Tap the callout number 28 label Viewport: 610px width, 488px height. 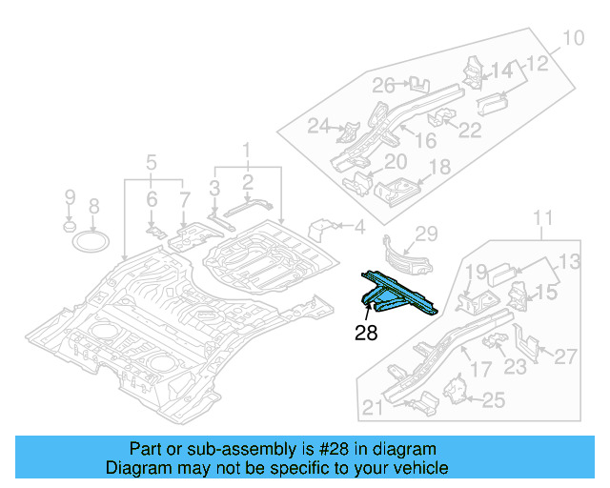[366, 333]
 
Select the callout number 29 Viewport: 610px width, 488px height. [425, 234]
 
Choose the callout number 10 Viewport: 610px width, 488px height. [572, 39]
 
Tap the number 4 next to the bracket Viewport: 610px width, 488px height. [359, 227]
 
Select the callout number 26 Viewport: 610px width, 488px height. [383, 86]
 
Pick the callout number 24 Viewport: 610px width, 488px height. [318, 126]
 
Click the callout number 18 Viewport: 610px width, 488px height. [439, 168]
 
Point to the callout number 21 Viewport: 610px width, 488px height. [373, 410]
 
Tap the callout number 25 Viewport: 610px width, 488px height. [492, 401]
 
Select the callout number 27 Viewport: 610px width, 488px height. [565, 357]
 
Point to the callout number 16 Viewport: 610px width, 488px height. [425, 140]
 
